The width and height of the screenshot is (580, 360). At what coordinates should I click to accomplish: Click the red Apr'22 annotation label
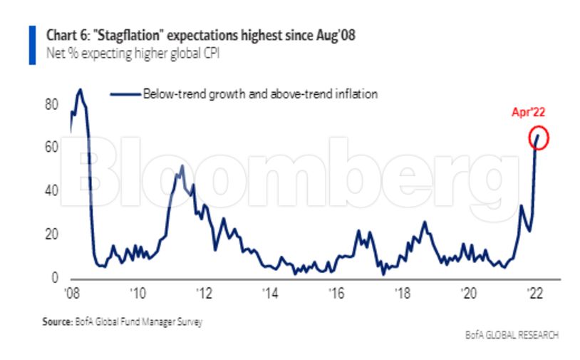click(x=528, y=112)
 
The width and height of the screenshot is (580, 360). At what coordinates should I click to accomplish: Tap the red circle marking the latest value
click(x=539, y=138)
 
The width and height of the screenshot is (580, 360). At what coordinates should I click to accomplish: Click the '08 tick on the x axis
click(x=71, y=293)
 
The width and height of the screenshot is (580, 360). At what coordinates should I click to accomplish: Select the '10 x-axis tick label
click(x=138, y=293)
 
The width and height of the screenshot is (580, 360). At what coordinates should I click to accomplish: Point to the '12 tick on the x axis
click(x=204, y=293)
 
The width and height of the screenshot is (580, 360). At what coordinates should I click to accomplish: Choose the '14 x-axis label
click(x=270, y=293)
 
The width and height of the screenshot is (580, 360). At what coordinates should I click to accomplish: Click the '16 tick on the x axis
click(x=336, y=293)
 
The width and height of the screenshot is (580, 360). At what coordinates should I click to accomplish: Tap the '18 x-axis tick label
click(x=403, y=293)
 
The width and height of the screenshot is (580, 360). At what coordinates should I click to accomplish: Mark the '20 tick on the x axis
click(x=469, y=293)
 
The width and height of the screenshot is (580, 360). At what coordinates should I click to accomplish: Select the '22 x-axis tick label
click(x=535, y=293)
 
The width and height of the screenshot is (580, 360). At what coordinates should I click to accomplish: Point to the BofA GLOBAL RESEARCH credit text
click(x=512, y=335)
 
